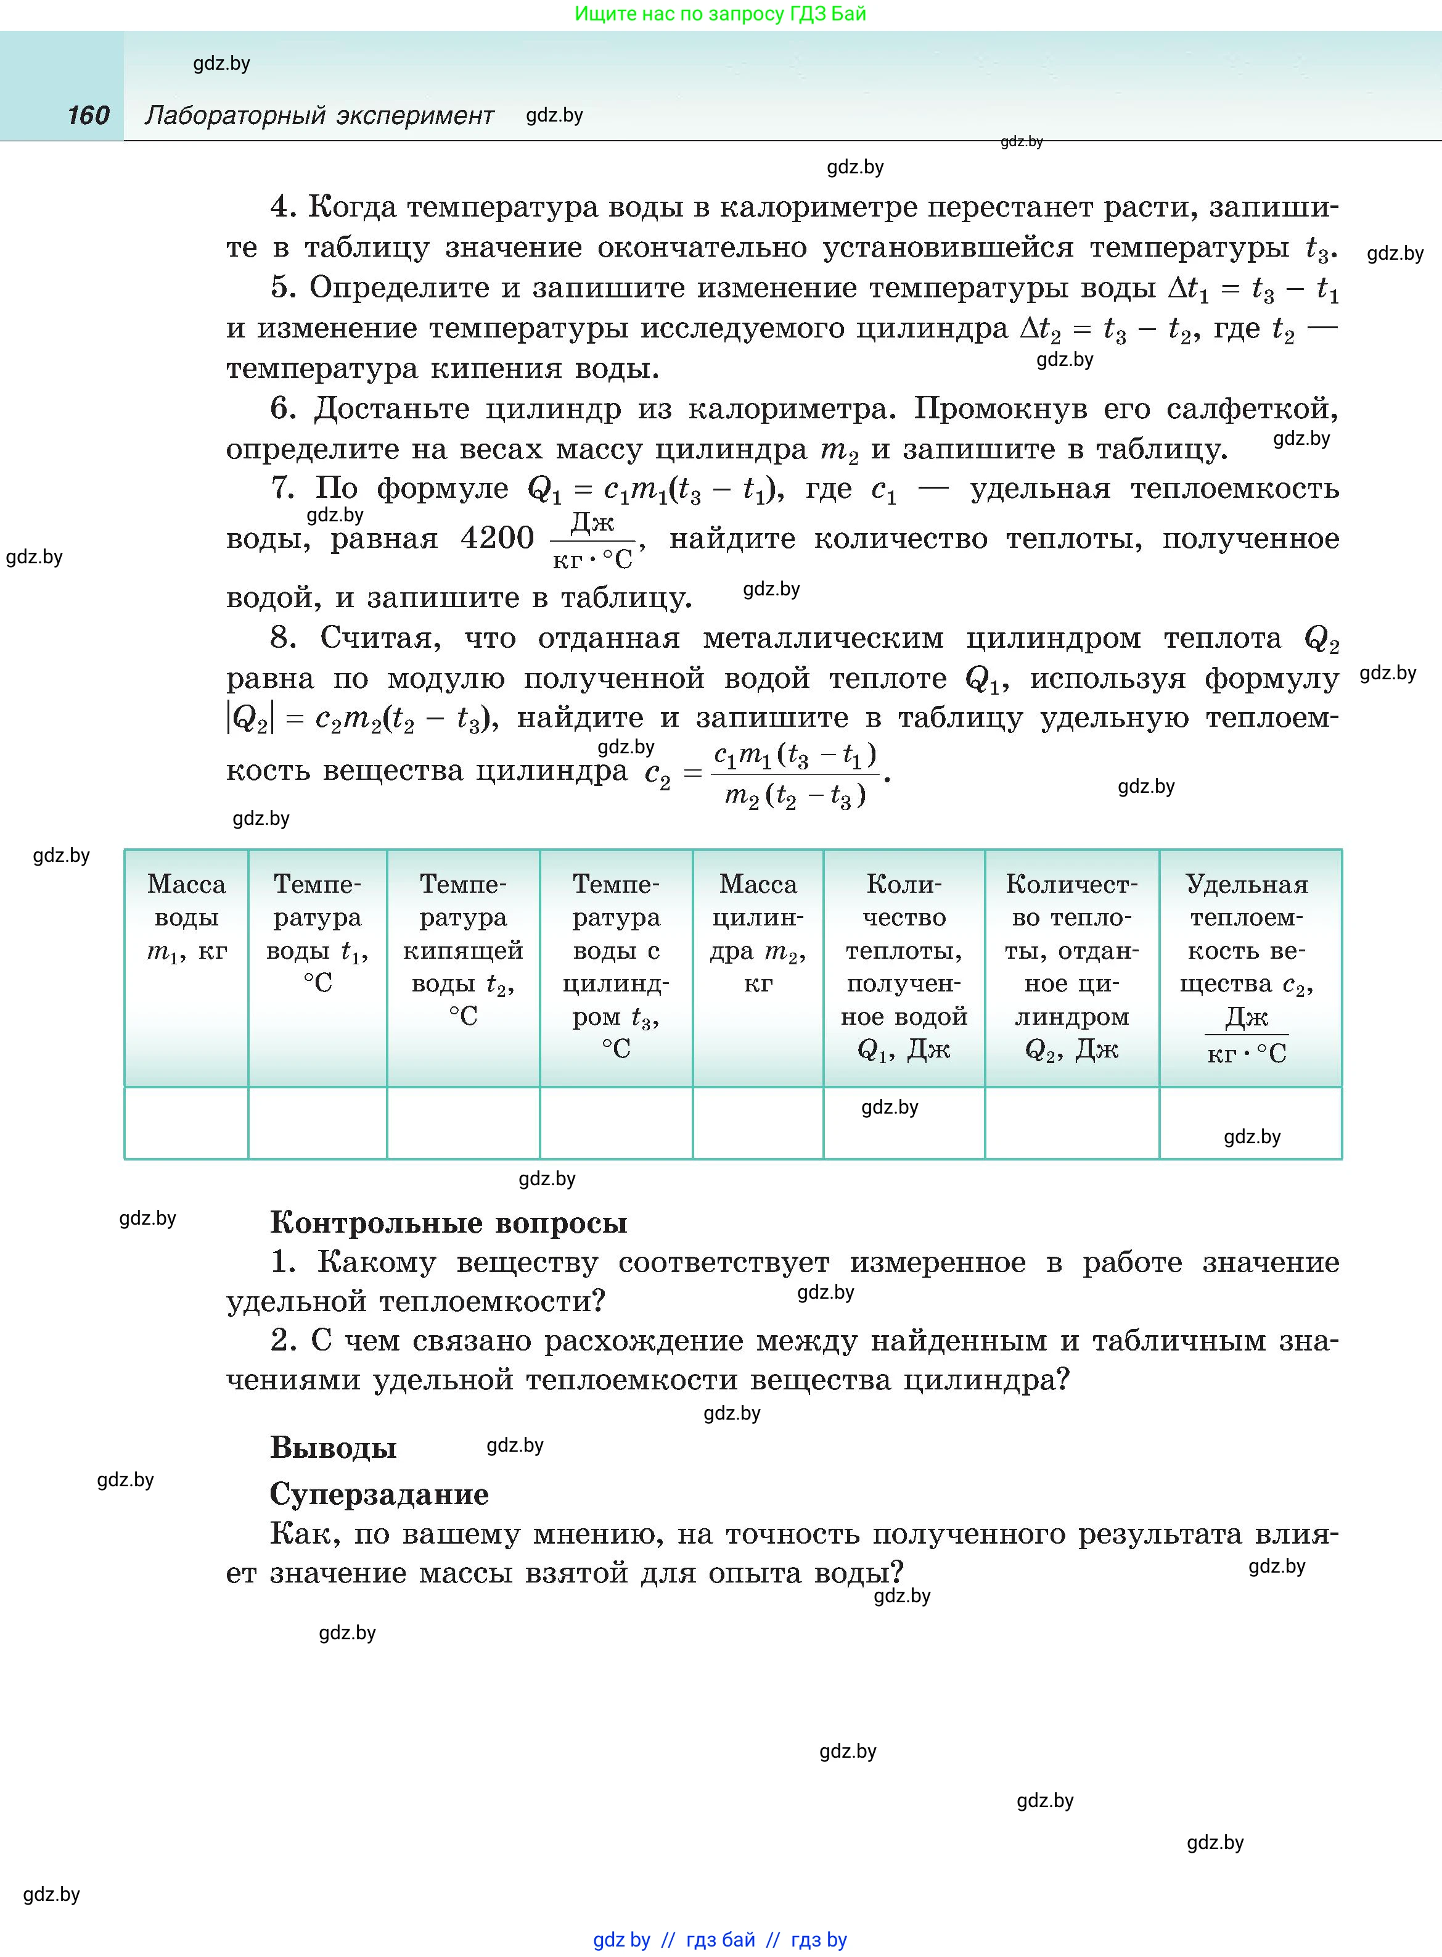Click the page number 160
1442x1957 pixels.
pyautogui.click(x=88, y=115)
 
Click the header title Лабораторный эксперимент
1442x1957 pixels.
pyautogui.click(x=319, y=115)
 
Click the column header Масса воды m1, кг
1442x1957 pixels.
pyautogui.click(x=186, y=917)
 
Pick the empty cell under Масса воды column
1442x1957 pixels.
pyautogui.click(x=186, y=1122)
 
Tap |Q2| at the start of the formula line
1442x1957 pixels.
pyautogui.click(x=250, y=718)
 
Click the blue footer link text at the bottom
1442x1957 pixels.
pyautogui.click(x=720, y=1940)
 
